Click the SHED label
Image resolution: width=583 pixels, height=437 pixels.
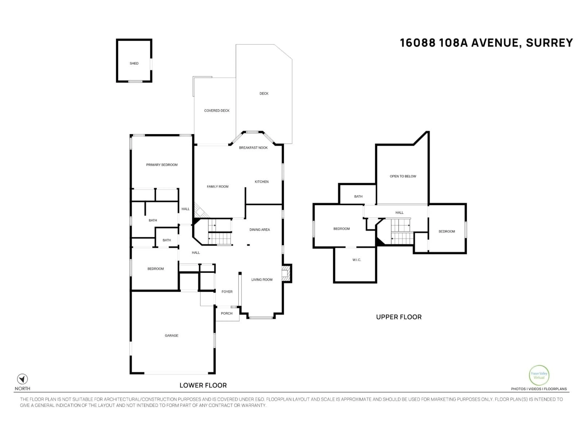point(134,63)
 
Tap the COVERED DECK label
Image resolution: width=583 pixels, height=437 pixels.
point(217,111)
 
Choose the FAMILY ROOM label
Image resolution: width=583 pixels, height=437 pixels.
point(217,186)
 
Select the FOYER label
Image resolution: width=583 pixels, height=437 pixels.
point(227,292)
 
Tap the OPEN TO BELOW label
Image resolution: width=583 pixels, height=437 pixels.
point(403,176)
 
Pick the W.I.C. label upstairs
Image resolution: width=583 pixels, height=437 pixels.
point(357,260)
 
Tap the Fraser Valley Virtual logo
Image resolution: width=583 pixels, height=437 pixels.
point(539,375)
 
